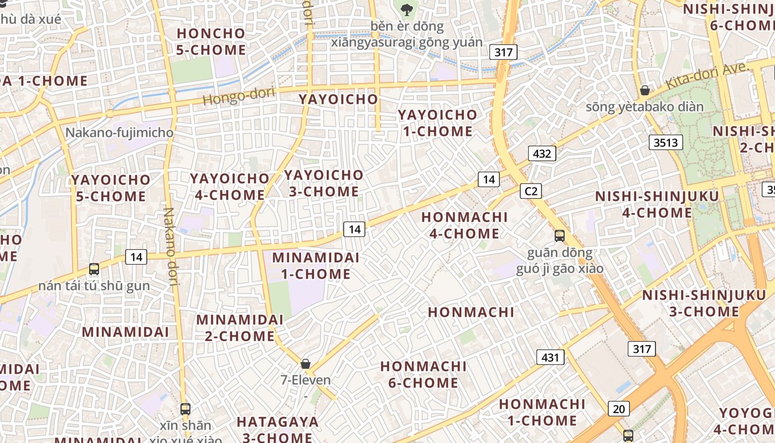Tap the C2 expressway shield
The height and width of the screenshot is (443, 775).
[x=530, y=191]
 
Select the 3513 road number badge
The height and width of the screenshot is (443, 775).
[x=665, y=142]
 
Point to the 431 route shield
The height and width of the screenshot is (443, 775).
[x=550, y=357]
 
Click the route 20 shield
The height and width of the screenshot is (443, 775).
[x=619, y=409]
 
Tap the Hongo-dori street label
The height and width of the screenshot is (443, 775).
[x=239, y=96]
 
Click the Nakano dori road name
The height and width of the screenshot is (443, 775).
[x=172, y=246]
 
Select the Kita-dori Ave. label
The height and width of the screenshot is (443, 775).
[x=707, y=76]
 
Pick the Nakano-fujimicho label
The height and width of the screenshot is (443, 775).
[x=120, y=133]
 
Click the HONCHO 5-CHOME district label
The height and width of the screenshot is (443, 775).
[x=211, y=42]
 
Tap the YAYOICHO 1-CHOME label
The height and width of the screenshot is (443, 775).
[x=437, y=123]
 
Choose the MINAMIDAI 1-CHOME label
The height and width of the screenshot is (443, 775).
[x=316, y=266]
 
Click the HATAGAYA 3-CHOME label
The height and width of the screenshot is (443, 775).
[x=277, y=429]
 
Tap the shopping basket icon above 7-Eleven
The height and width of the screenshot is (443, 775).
[x=305, y=364]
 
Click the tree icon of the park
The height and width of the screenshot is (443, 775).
[x=406, y=9]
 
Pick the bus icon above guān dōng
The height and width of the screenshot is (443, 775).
[x=560, y=236]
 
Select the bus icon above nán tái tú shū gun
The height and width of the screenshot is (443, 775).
[x=94, y=269]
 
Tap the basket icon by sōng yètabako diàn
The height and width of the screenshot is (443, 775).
[x=645, y=90]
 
